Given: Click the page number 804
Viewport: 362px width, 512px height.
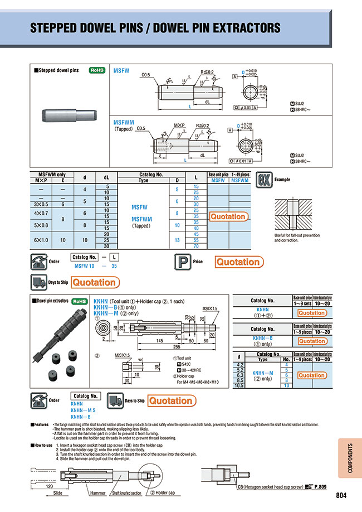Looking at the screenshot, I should click(x=344, y=495).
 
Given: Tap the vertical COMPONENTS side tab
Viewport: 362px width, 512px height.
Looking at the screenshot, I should click(x=349, y=457).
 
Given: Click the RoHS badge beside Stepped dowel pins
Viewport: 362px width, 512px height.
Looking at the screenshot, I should click(x=98, y=71).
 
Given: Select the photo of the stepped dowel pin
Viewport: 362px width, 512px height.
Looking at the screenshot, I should click(x=71, y=115).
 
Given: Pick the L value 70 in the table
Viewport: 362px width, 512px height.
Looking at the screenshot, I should click(x=196, y=245).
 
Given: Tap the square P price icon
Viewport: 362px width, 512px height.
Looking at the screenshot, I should click(x=181, y=262).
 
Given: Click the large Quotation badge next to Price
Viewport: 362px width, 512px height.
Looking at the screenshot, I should click(x=238, y=262).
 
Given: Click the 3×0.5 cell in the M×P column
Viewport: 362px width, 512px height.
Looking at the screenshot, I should click(x=42, y=204).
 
